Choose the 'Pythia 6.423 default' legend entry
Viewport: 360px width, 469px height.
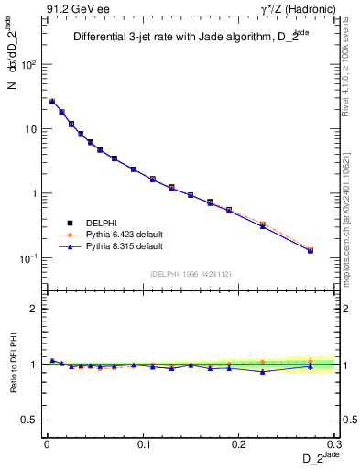coord(106,234)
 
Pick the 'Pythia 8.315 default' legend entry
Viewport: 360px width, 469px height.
coord(106,246)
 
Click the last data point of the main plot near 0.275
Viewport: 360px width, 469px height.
coord(311,250)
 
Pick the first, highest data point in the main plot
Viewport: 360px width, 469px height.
coord(52,102)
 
